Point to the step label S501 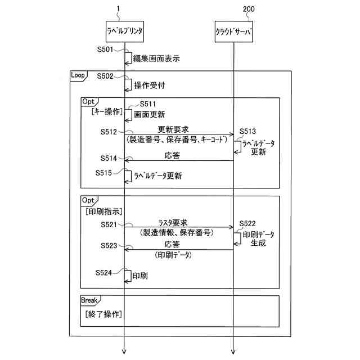click(106, 49)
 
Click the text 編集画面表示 click(156, 58)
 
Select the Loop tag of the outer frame click(78, 75)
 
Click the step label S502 click(106, 76)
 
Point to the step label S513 click(248, 132)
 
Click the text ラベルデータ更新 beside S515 click(157, 176)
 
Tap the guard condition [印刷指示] click(104, 211)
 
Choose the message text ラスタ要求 click(177, 222)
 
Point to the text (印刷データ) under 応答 click(173, 254)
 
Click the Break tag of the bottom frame click(90, 300)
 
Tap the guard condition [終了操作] click(104, 314)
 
